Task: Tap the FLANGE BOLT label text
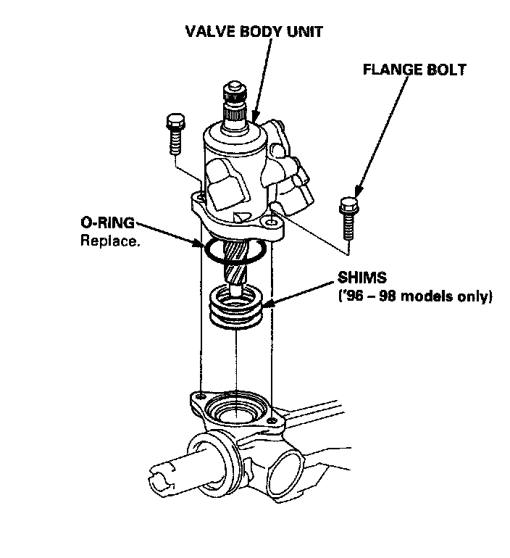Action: pos(414,70)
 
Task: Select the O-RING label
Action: pos(107,224)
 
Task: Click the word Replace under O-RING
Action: pos(109,241)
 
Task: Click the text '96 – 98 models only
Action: pos(415,296)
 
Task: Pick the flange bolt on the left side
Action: pos(173,133)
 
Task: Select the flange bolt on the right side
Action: pos(346,217)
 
